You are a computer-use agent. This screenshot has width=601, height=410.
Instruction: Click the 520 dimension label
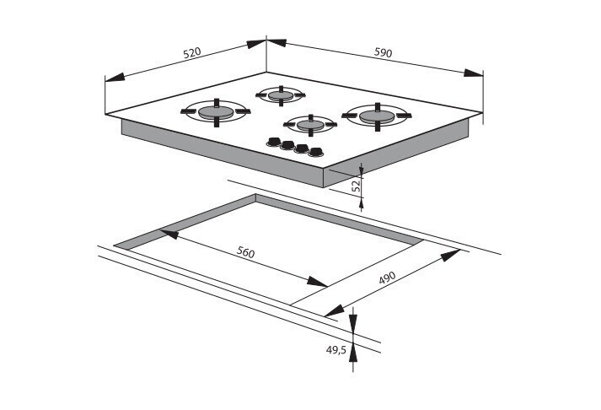coord(192,52)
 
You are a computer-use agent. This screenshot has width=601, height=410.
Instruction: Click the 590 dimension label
coord(384,52)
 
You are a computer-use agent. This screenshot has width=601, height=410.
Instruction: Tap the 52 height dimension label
coord(357,186)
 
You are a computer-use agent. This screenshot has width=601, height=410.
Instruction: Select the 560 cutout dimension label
coord(245,252)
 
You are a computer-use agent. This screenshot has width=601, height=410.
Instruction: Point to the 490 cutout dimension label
coord(387,278)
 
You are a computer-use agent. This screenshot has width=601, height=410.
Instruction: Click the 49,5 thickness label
coord(336,350)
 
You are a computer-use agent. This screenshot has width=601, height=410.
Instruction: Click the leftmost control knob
coord(273,142)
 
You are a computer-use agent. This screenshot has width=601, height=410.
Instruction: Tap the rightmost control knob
coord(316,152)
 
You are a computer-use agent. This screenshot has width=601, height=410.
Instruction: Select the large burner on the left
coord(216,112)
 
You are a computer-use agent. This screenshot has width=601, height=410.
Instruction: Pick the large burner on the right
coord(377,116)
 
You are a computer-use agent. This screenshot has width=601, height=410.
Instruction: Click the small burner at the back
coord(281,95)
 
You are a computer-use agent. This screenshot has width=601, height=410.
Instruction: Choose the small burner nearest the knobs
coord(310,125)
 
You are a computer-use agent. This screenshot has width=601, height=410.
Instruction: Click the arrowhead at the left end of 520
coord(115,77)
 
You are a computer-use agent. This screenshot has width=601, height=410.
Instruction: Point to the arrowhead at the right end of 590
coord(473,73)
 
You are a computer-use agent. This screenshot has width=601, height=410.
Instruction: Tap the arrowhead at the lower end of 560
coord(317,282)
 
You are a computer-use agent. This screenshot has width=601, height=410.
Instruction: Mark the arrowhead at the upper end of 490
coord(450,255)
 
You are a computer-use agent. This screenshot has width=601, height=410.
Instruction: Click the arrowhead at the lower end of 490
coord(335,310)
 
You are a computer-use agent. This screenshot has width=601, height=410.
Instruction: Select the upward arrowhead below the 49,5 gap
coord(353,353)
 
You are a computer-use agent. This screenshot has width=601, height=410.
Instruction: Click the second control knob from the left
coord(287,145)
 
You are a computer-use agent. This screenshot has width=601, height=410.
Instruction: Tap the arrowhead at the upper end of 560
coord(169,234)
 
